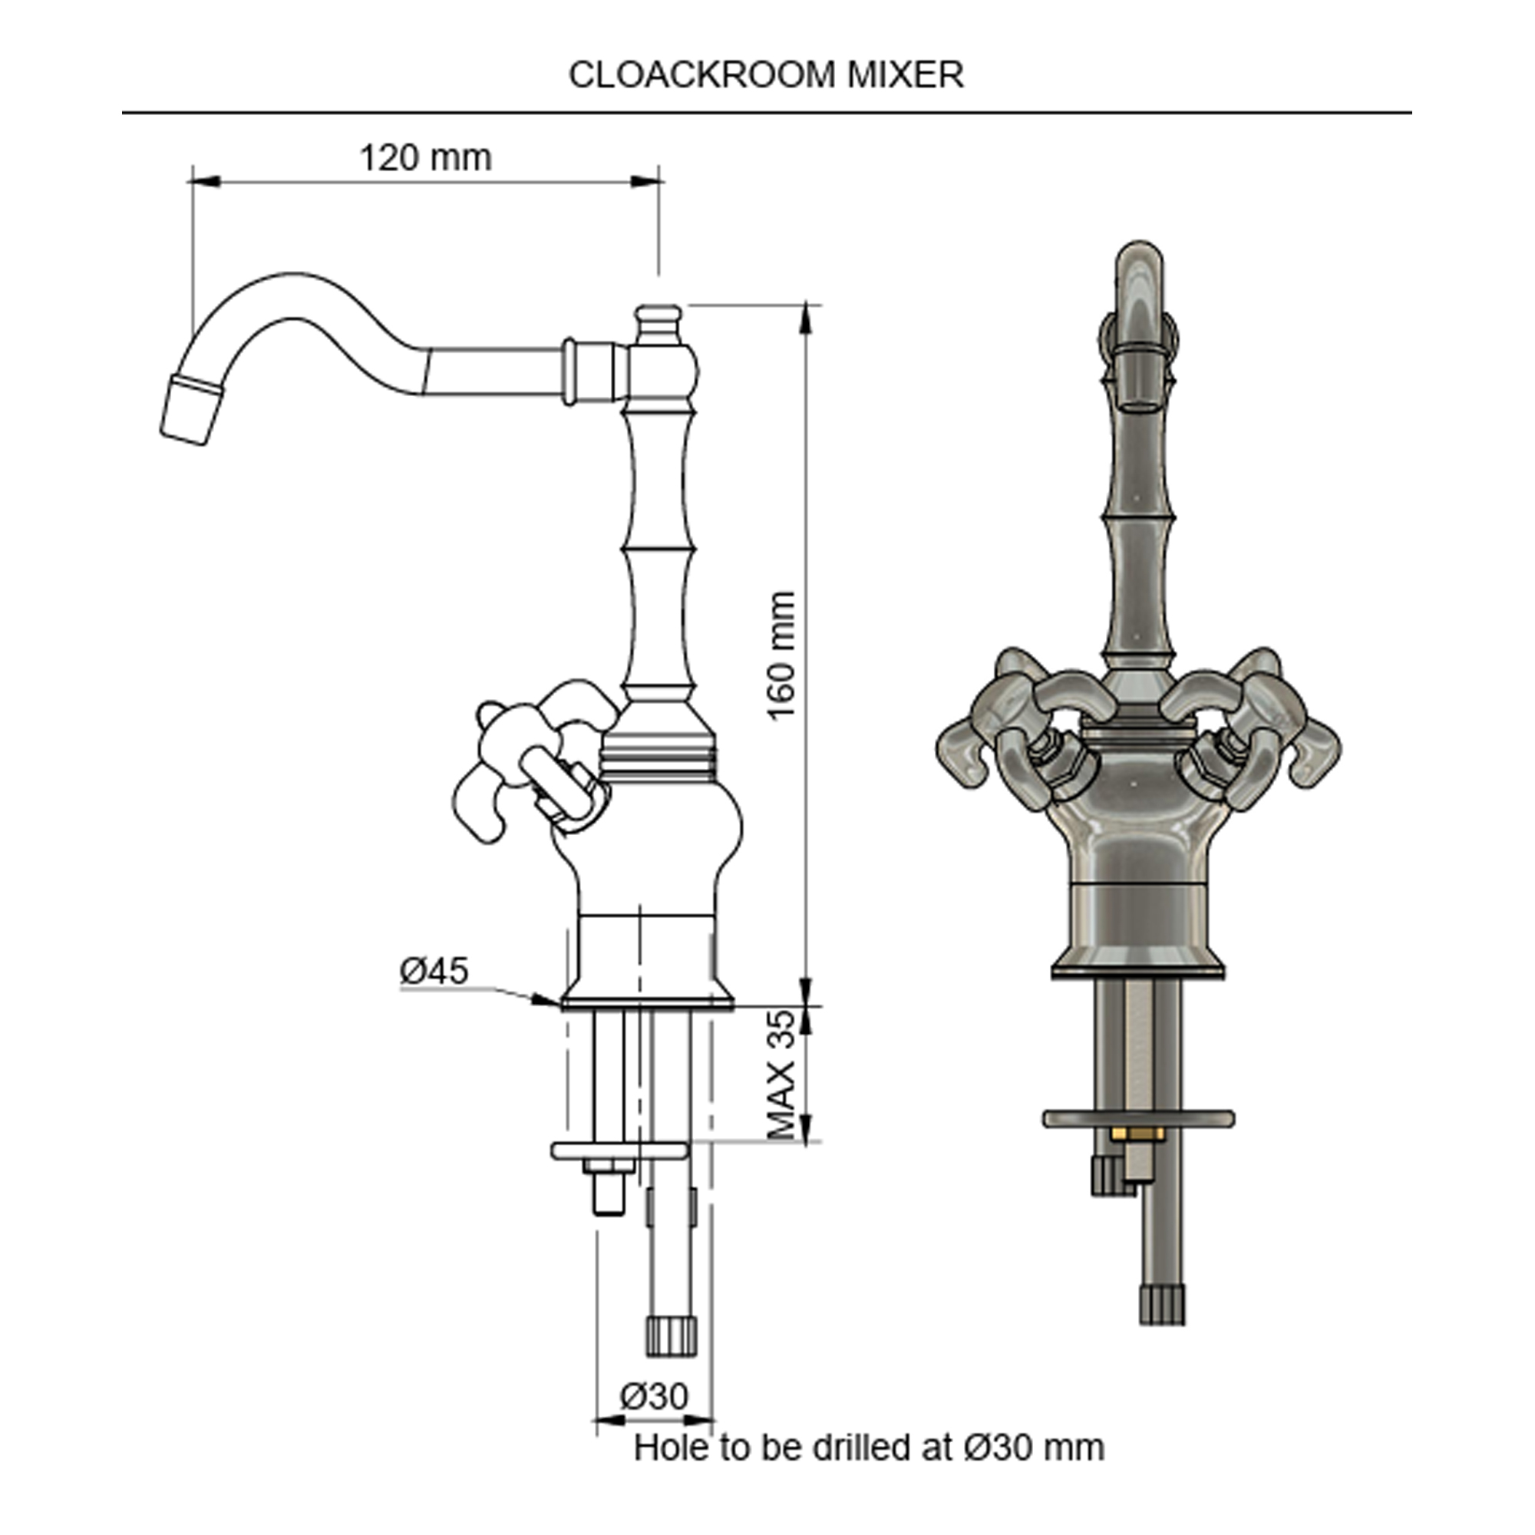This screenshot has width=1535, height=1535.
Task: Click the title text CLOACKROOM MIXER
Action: click(x=766, y=75)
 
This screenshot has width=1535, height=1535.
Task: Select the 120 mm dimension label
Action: click(x=426, y=158)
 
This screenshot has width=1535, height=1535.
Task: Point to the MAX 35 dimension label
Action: click(x=782, y=1074)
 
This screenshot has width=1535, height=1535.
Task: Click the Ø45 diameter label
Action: click(x=434, y=970)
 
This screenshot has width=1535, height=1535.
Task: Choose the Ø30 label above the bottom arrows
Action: click(x=654, y=1395)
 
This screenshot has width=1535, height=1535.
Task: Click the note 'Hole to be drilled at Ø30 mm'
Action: click(x=868, y=1447)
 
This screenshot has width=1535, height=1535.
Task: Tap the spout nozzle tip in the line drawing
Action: click(x=189, y=411)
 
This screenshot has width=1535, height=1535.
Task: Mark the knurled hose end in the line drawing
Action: click(x=672, y=1336)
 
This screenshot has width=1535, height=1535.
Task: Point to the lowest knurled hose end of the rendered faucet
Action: click(x=1161, y=1306)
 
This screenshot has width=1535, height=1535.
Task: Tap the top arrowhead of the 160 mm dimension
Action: click(x=807, y=318)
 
